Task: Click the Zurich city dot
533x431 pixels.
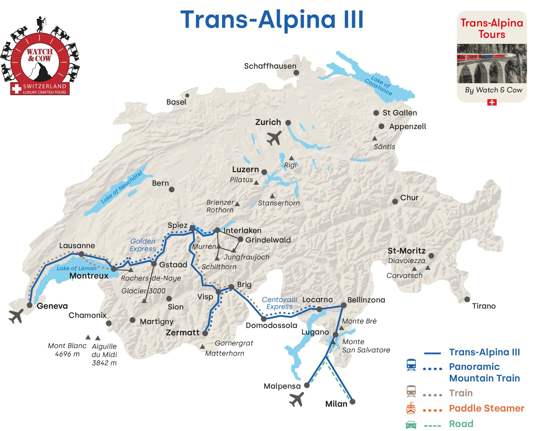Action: click(x=288, y=123)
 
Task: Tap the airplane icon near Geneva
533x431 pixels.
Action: click(x=16, y=316)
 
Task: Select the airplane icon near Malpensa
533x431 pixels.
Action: click(x=296, y=399)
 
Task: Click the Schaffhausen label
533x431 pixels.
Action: click(x=270, y=66)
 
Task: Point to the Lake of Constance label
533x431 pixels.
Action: click(x=379, y=85)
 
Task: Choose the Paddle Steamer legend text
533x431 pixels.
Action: click(x=486, y=408)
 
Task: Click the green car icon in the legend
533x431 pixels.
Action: click(x=411, y=424)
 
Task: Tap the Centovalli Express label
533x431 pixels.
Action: click(x=279, y=303)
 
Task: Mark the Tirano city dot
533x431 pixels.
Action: click(x=467, y=299)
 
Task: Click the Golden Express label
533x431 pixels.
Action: click(x=143, y=245)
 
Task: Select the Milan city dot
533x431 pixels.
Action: click(x=352, y=402)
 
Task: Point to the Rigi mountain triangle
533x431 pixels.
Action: click(x=291, y=158)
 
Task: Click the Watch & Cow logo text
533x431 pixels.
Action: click(x=39, y=55)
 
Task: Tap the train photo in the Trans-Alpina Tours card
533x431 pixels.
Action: click(x=491, y=63)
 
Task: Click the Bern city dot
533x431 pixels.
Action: click(x=172, y=190)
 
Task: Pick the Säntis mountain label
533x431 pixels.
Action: click(x=384, y=147)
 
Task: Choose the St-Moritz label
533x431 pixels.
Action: click(x=406, y=251)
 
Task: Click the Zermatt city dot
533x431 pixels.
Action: click(x=205, y=333)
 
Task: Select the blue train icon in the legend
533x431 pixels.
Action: click(x=411, y=365)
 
